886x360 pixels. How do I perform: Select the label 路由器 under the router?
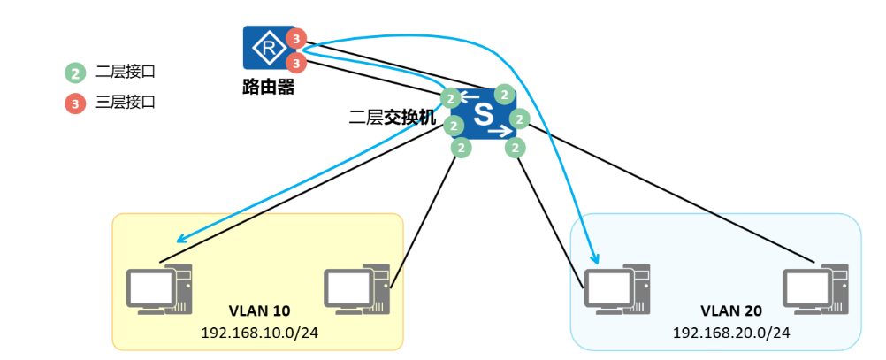(x=268, y=88)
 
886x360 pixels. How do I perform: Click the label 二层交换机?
(x=393, y=116)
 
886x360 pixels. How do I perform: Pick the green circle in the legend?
(x=76, y=73)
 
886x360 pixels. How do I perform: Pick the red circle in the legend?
(x=76, y=103)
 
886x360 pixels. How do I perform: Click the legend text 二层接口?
(x=126, y=73)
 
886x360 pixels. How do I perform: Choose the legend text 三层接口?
(x=126, y=103)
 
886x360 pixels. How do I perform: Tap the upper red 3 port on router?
(x=297, y=39)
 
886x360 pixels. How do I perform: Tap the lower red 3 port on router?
(x=297, y=62)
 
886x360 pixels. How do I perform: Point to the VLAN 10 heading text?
(x=259, y=310)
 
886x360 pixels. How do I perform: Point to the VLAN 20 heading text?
(x=731, y=310)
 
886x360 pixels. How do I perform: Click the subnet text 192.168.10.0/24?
(x=259, y=332)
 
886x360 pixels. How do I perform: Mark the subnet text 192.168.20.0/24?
(x=731, y=333)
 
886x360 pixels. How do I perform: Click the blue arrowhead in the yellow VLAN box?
(x=179, y=239)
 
